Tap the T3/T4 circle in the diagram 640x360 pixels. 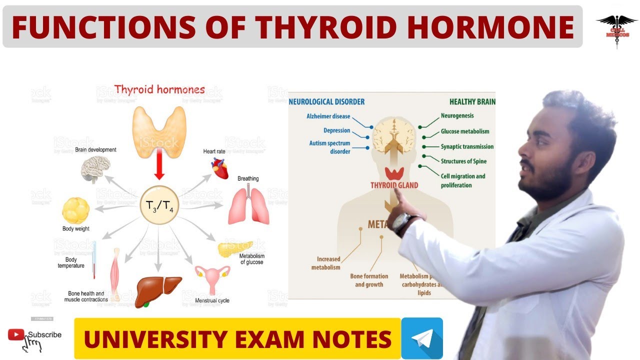coord(159,205)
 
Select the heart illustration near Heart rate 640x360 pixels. coord(219,168)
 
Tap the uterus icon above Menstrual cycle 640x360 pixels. coord(212,277)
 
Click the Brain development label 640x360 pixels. coord(95,149)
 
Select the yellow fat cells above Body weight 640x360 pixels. coord(76,210)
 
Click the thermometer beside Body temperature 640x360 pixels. coord(94,260)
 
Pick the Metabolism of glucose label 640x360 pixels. coord(251,259)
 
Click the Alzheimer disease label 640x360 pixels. coord(328,116)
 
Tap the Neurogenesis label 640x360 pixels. coord(457,115)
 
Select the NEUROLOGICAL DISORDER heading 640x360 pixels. coord(327,102)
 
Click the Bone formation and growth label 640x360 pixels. coord(369,280)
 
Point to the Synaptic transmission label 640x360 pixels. coord(467,146)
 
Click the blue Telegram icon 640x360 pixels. coord(421,338)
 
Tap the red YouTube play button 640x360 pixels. coord(16,334)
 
